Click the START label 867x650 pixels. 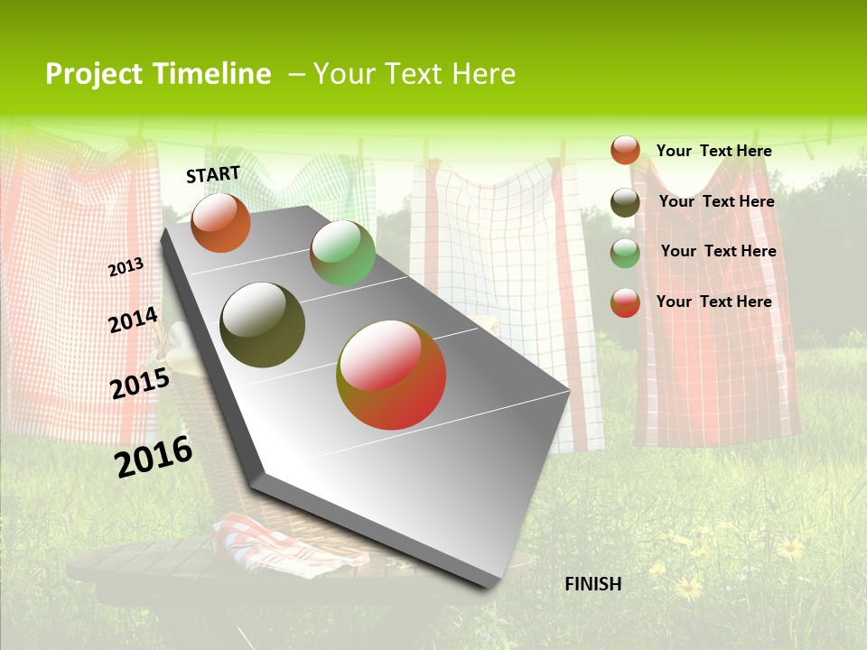(x=213, y=174)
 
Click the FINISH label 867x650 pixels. (x=592, y=584)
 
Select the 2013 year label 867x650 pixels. (x=126, y=266)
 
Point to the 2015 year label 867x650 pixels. (x=140, y=384)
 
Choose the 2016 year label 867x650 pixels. (x=154, y=456)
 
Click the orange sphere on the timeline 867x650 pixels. (x=220, y=222)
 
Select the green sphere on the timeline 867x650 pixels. (x=342, y=253)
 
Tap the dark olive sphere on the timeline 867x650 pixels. (x=262, y=325)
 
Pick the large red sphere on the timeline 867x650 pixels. (x=391, y=375)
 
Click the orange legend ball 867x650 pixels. (x=625, y=151)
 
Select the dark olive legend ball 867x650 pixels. (x=625, y=202)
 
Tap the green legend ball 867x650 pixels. (x=625, y=253)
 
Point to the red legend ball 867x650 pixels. (x=625, y=302)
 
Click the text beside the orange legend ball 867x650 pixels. (x=713, y=151)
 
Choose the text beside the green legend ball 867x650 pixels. (x=718, y=251)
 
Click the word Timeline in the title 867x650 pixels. (x=212, y=74)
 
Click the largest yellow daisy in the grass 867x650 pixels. (x=790, y=547)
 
